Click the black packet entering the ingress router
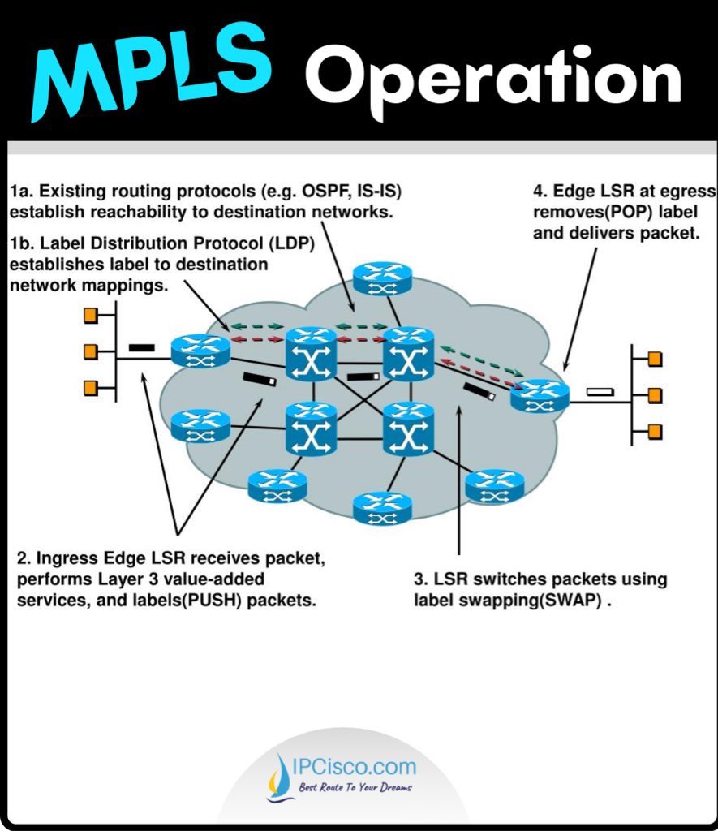(x=141, y=348)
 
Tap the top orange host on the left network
(x=91, y=314)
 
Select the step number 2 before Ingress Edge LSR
(x=23, y=560)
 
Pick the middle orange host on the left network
(x=91, y=351)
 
